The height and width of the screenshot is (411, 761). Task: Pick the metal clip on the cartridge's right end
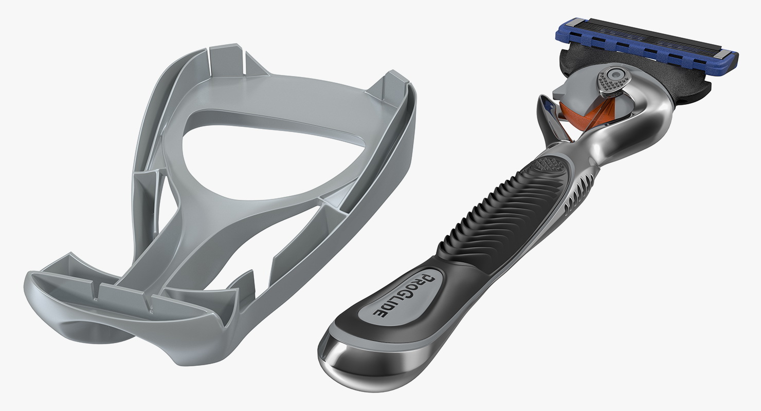pos(723,54)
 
